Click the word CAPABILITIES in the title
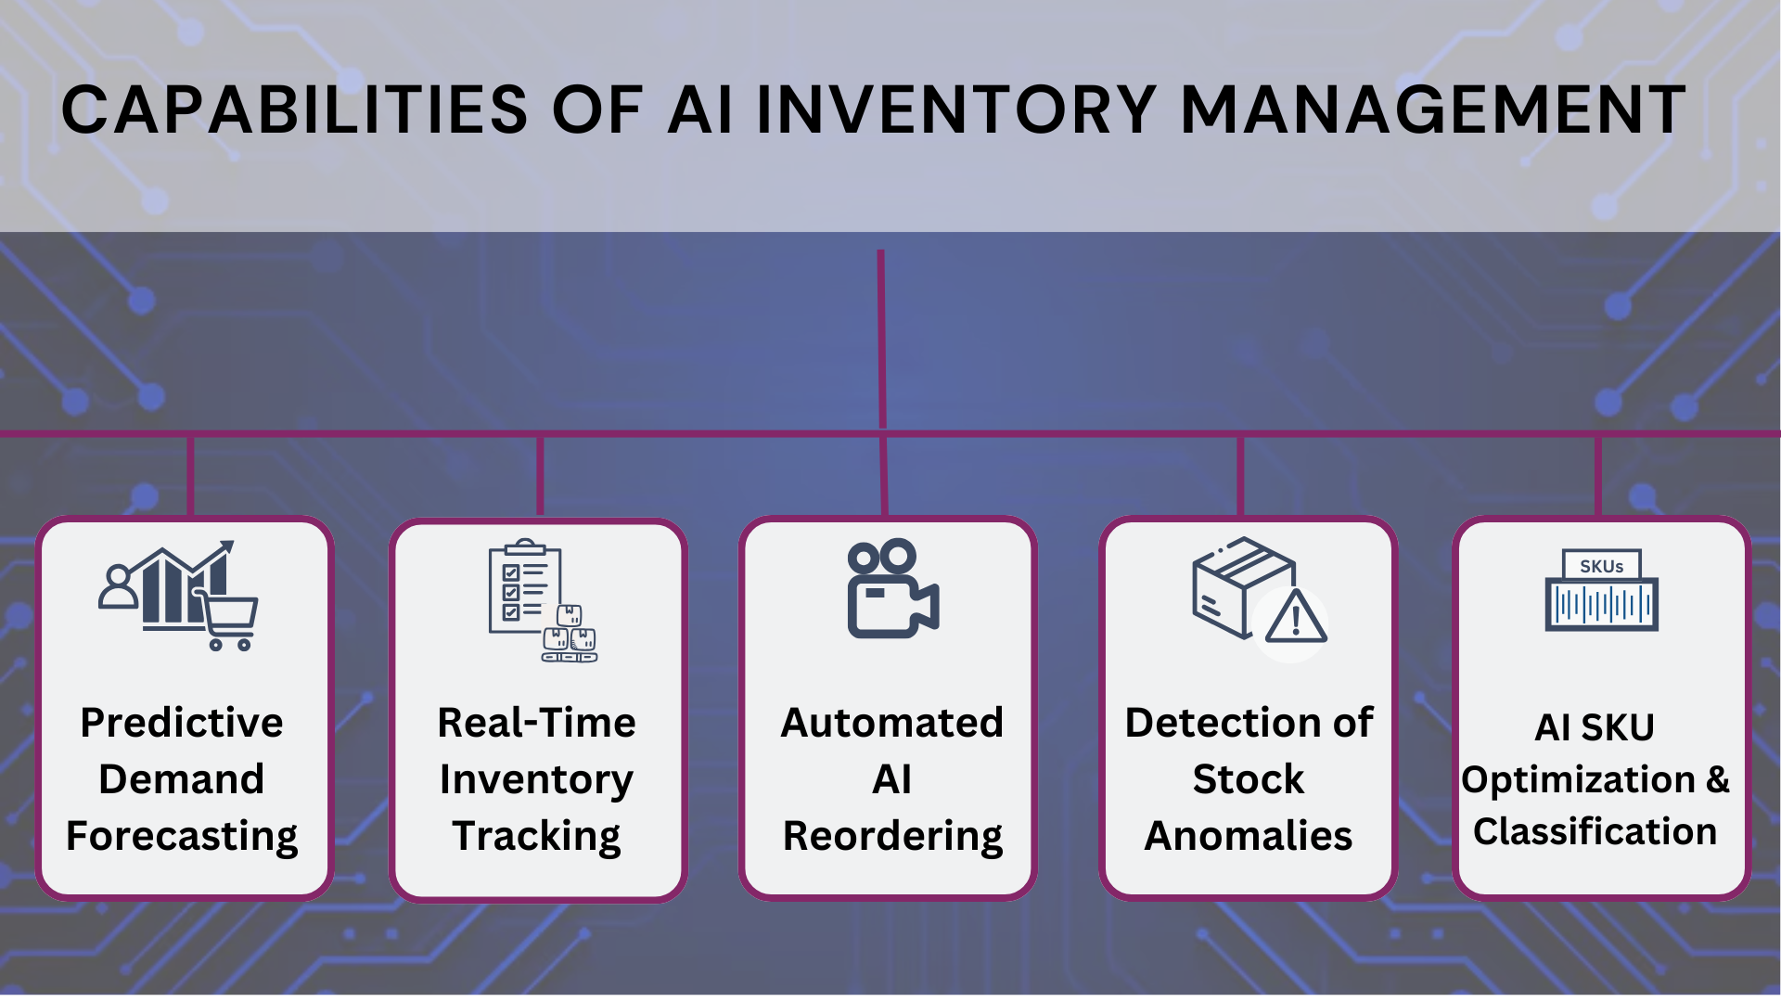294,110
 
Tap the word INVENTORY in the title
956,110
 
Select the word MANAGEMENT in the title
1433,110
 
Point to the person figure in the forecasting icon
118,586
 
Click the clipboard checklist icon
524,587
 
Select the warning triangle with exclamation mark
1295,619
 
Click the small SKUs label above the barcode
1601,566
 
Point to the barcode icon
1601,605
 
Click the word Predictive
182,723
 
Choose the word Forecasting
182,836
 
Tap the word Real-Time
536,723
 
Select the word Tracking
536,836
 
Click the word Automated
891,723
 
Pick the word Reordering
892,836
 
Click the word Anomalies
1248,836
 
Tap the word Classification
1595,831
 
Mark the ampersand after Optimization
1717,779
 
